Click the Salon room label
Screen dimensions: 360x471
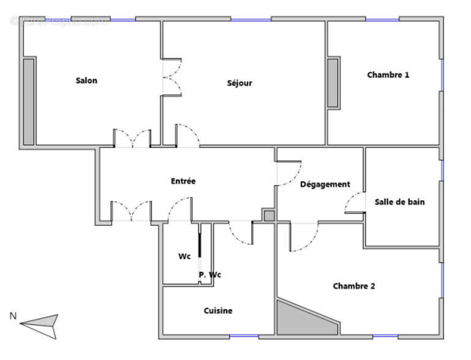[x=86, y=81]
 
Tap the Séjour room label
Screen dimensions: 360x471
[x=239, y=83]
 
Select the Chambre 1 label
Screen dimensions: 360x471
[x=388, y=75]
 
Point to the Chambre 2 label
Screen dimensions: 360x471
[x=354, y=286]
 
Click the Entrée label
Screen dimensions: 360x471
[x=183, y=181]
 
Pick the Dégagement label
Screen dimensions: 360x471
[x=325, y=184]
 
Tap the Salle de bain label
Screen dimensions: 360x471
[x=400, y=202]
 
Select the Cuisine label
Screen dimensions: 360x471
[x=218, y=311]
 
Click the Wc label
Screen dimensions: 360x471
[x=184, y=257]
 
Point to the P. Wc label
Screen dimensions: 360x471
[x=209, y=275]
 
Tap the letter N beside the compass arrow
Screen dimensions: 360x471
[x=12, y=316]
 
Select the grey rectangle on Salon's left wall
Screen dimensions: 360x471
[x=28, y=102]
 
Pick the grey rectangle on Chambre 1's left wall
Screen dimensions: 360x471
[x=333, y=83]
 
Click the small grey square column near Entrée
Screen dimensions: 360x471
[x=269, y=216]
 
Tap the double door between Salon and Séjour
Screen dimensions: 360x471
[x=171, y=77]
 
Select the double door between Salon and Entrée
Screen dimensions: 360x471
[x=132, y=138]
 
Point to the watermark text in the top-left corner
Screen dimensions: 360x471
[x=59, y=21]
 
